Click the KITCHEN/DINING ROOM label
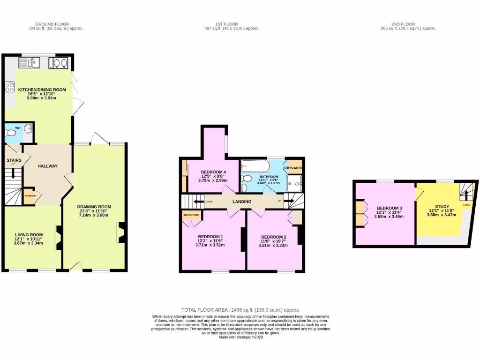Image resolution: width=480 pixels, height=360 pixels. coord(42,89)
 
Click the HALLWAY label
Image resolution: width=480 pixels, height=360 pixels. coord(47,166)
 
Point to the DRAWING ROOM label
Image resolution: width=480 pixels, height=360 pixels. coord(94,207)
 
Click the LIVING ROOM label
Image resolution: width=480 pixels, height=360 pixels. coord(29,235)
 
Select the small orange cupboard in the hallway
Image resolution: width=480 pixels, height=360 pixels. coord(30,196)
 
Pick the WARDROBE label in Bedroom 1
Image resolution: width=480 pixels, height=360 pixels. coord(191,215)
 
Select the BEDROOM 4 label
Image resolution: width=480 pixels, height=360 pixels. coord(213,172)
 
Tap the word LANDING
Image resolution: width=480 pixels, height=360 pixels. coord(242,202)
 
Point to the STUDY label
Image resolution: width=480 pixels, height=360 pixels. coord(442,206)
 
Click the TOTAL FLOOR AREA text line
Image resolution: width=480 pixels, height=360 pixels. coord(240,310)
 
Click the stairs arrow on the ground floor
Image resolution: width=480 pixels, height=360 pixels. coord(13,173)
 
